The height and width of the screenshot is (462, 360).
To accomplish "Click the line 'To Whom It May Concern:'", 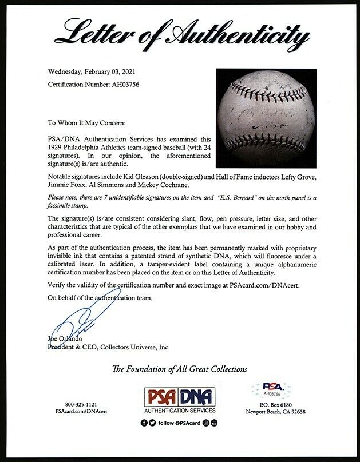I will tap(97, 122).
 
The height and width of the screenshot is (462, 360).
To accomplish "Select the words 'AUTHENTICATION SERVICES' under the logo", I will tap(179, 411).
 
